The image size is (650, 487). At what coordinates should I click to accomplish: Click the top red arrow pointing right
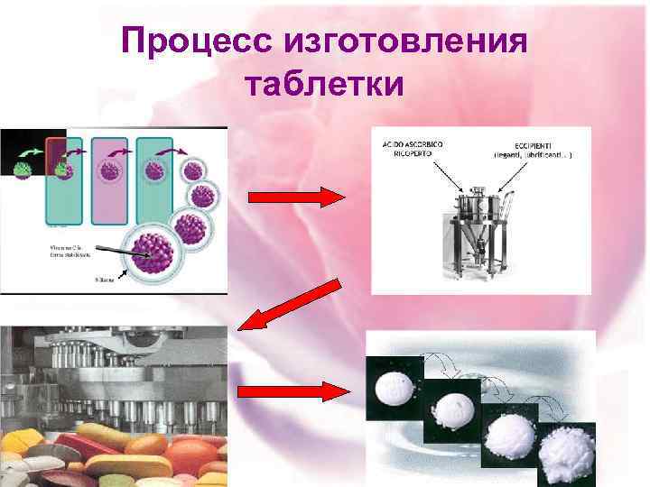click(x=294, y=198)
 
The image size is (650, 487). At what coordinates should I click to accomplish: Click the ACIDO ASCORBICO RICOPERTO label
click(x=405, y=148)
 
